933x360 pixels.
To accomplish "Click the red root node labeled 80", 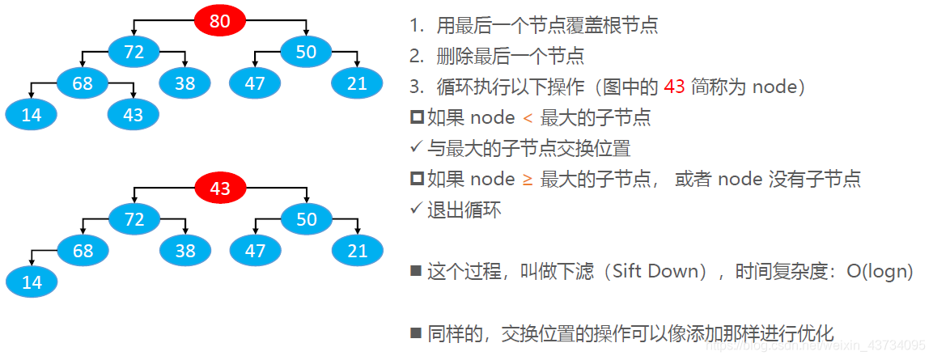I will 220,20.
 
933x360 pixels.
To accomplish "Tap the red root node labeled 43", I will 220,188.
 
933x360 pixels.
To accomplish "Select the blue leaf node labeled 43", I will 134,115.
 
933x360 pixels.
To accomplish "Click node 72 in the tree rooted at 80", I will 134,52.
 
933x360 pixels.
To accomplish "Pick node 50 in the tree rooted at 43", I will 306,219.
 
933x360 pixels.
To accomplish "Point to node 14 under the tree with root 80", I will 31,115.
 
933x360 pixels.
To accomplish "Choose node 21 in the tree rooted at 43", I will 357,251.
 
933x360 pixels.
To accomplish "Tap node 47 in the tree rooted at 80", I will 254,83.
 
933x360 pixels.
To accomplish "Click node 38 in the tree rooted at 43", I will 185,251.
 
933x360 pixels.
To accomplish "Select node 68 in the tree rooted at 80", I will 83,83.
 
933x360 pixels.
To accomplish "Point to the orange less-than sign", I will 528,118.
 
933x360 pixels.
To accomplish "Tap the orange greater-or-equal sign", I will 528,179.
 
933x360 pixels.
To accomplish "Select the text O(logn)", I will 880,271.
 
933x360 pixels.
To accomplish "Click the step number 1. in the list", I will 416,25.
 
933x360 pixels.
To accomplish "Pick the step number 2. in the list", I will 416,56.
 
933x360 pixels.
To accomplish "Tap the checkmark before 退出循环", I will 416,210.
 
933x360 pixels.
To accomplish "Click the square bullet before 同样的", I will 416,332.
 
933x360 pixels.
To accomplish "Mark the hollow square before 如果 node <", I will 417,118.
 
